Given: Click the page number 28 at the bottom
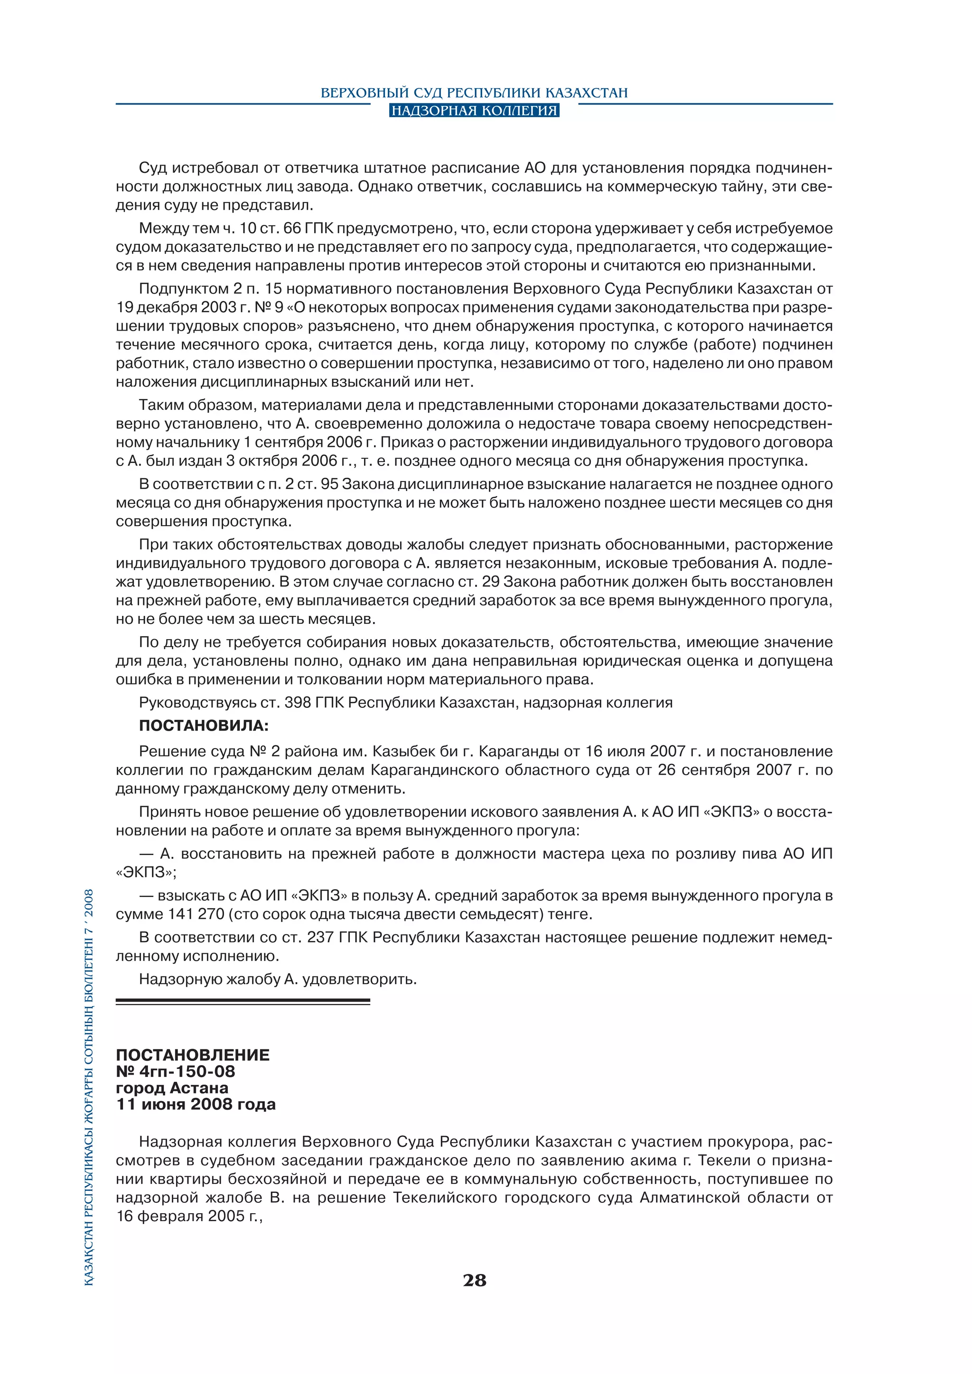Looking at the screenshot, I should pos(474,1280).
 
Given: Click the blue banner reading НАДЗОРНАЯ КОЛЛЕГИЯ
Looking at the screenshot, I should pos(474,110).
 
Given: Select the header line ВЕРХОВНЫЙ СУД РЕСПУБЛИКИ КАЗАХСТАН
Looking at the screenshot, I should pos(474,93).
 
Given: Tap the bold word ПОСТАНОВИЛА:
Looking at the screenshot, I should pos(204,726).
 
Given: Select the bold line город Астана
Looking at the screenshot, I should pos(172,1088).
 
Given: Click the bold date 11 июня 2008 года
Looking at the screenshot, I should pos(196,1105).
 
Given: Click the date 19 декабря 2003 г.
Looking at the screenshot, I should pos(177,307).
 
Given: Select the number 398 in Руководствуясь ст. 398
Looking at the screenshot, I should pos(298,703).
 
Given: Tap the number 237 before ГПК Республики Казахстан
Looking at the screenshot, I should pos(320,938).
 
